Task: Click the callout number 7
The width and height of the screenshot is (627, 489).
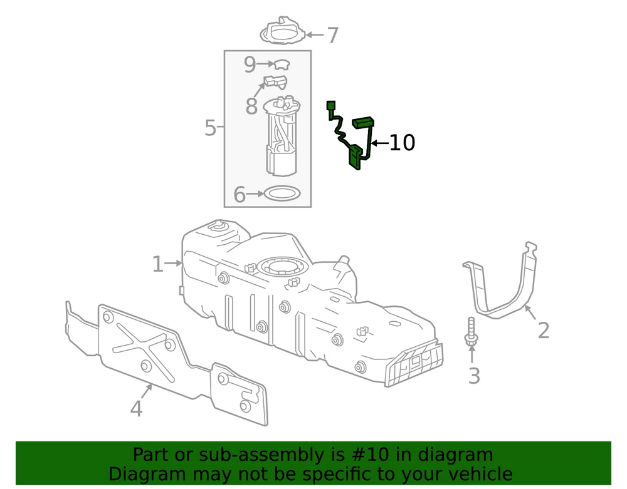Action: (332, 36)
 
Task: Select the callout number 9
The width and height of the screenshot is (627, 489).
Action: (250, 64)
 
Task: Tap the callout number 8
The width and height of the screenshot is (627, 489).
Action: (251, 106)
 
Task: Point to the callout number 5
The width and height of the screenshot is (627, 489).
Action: (211, 128)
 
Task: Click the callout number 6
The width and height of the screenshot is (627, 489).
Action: (239, 195)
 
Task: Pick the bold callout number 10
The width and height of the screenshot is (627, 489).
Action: (402, 143)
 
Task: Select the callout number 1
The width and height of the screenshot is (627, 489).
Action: (157, 264)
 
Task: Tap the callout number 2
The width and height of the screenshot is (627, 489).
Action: (543, 329)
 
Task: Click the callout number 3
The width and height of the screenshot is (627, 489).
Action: (474, 376)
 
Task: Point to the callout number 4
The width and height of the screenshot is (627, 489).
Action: (136, 409)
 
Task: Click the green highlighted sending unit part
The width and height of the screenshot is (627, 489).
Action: (355, 153)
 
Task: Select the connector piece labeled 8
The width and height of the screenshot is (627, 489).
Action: (275, 81)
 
